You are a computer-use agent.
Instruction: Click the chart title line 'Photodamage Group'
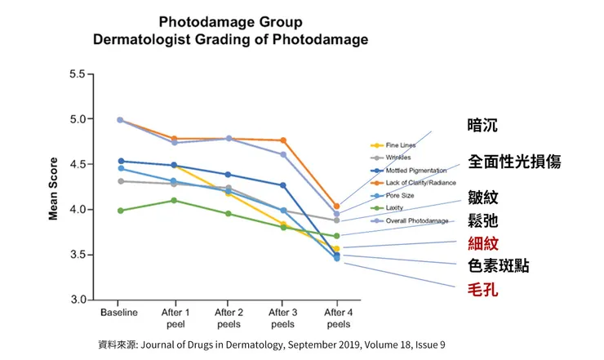pos(230,21)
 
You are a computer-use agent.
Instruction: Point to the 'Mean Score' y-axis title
pos(54,189)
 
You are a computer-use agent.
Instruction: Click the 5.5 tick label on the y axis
pos(77,74)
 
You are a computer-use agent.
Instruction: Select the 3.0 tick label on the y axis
pos(77,300)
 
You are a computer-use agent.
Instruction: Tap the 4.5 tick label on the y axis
pos(77,164)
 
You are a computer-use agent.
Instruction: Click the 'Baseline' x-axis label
pos(120,313)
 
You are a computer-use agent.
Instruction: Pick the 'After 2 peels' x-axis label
pos(229,318)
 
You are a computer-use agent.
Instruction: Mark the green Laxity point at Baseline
pos(121,211)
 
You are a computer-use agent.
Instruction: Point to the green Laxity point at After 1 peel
pos(174,200)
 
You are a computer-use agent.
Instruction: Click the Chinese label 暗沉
pos(482,126)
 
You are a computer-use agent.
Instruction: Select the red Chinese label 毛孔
pos(482,289)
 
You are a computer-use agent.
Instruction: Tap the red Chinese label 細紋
pos(482,243)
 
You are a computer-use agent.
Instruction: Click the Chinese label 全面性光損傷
pos(513,161)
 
